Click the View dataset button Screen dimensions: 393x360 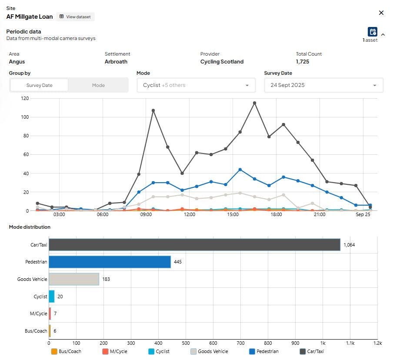click(75, 17)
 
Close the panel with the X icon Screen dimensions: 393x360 click(381, 13)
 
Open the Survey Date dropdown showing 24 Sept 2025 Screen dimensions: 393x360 click(323, 85)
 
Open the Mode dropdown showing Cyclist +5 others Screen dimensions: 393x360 click(196, 85)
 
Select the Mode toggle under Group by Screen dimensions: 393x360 click(98, 85)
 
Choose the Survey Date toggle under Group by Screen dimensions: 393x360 click(40, 85)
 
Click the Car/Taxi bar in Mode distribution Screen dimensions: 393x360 click(194, 245)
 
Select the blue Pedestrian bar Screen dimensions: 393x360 click(110, 262)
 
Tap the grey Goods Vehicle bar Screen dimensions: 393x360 click(74, 279)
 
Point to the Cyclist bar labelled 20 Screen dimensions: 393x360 click(52, 297)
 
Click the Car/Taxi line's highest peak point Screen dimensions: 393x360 click(254, 103)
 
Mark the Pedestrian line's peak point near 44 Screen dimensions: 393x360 click(240, 170)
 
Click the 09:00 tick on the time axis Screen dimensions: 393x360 click(146, 215)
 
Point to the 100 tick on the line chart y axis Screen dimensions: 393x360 click(25, 117)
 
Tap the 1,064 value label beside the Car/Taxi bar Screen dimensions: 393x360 click(349, 245)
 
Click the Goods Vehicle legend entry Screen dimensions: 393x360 click(209, 351)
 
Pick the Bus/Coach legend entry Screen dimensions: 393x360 click(66, 351)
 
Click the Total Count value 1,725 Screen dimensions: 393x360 click(303, 62)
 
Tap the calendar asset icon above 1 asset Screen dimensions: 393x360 click(373, 32)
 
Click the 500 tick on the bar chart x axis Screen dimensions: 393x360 click(186, 343)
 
